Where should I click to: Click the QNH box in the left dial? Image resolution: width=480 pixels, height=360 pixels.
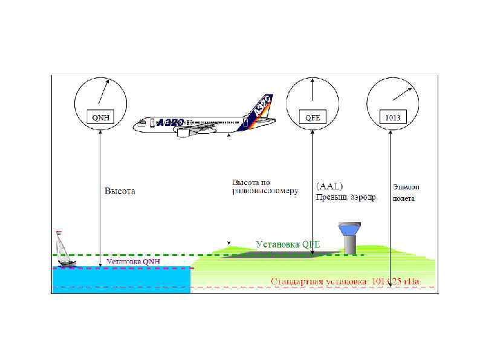pos(100,117)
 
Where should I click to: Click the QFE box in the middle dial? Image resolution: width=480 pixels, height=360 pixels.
pos(313,117)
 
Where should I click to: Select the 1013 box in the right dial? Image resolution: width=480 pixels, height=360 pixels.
pos(393,117)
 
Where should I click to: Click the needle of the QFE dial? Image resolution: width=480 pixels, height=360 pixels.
pos(313,91)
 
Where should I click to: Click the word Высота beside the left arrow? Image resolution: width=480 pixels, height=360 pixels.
pos(120,191)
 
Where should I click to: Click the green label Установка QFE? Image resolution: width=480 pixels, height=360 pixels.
pos(287,244)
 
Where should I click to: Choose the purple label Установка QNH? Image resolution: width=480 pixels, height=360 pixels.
pos(132,262)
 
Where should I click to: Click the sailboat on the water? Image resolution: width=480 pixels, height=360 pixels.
pos(63,249)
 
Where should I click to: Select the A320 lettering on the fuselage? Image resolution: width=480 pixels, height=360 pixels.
pos(170,123)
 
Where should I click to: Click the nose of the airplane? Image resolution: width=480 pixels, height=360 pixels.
pos(135,126)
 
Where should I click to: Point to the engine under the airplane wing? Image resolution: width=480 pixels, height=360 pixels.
pos(189,133)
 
